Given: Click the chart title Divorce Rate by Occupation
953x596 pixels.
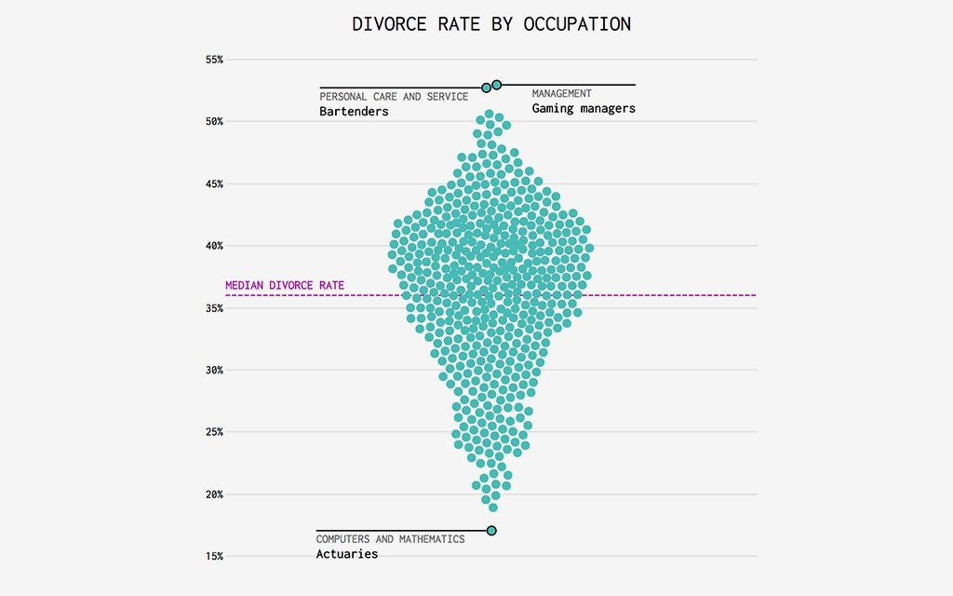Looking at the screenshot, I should tap(491, 24).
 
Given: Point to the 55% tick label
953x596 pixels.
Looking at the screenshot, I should tap(214, 60).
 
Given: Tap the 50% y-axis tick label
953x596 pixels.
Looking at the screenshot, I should tap(214, 122).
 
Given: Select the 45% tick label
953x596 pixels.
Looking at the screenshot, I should tap(214, 183).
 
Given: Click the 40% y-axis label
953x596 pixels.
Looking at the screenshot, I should tap(214, 246).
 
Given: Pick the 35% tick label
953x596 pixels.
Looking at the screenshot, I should tap(214, 308).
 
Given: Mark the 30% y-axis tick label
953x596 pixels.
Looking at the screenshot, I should tap(214, 370).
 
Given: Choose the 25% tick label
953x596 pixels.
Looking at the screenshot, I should tap(214, 432).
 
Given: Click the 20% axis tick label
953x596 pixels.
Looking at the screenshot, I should tap(214, 494).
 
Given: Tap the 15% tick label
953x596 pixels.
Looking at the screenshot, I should tap(214, 556).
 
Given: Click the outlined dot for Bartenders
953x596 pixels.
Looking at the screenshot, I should tap(486, 88).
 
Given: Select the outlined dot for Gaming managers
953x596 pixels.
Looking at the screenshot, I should tap(497, 85).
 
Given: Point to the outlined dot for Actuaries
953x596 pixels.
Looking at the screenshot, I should tap(491, 531).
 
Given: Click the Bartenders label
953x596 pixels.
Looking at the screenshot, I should tap(354, 112).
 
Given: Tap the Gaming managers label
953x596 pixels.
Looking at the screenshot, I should tap(584, 108).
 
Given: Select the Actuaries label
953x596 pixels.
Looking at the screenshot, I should tap(347, 554).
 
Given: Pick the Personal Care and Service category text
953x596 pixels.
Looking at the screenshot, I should tap(394, 97).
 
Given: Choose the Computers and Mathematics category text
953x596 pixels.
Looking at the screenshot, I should tap(390, 539).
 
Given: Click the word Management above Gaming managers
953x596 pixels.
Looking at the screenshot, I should tap(561, 94).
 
